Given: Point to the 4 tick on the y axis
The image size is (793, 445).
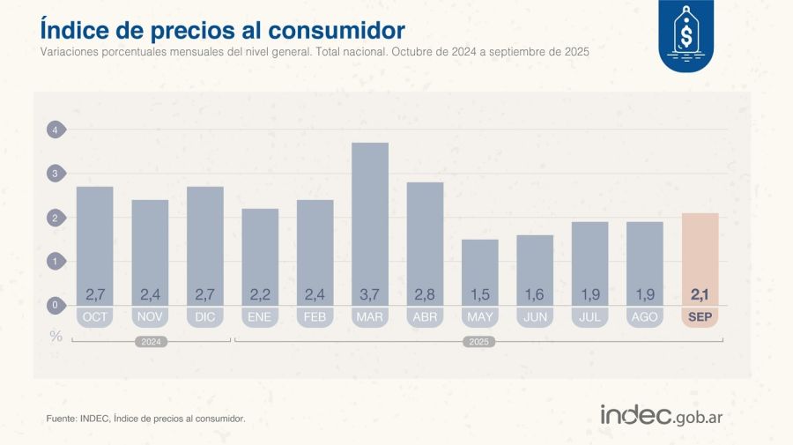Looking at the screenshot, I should [x=56, y=130].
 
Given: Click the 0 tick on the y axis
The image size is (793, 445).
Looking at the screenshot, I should [x=56, y=306].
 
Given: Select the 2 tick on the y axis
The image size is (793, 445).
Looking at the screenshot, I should [x=56, y=219].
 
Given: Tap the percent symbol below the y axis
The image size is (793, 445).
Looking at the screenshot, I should [x=56, y=335].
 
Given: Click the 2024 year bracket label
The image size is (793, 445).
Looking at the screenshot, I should [x=151, y=342].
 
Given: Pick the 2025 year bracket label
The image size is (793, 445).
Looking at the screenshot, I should [x=479, y=342].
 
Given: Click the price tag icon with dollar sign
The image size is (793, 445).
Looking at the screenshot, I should [x=687, y=33].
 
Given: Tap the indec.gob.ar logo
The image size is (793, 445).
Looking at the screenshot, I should [x=661, y=416].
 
